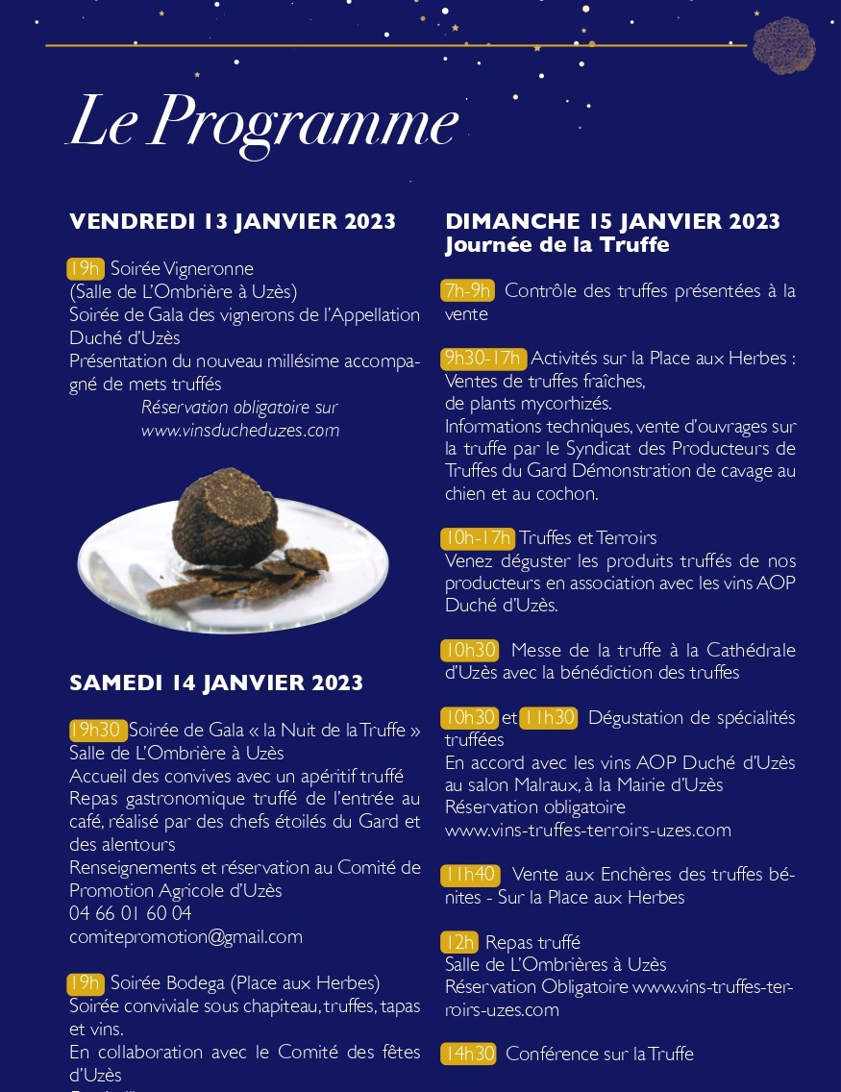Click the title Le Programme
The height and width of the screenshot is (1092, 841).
click(x=262, y=123)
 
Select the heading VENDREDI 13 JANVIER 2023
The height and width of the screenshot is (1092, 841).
click(x=233, y=222)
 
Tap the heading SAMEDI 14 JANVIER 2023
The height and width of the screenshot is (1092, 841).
click(x=216, y=683)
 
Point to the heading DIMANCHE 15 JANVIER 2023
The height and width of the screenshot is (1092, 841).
click(x=612, y=222)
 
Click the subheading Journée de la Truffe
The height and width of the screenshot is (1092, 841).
click(x=557, y=245)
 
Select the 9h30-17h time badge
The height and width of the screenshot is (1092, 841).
click(x=484, y=359)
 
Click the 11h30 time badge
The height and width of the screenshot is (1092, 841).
click(x=548, y=718)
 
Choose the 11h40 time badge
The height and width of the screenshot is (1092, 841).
click(x=471, y=875)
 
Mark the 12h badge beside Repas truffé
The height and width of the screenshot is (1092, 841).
click(x=459, y=942)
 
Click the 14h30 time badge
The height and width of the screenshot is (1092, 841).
click(x=469, y=1055)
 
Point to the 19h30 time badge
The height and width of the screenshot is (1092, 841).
click(x=97, y=731)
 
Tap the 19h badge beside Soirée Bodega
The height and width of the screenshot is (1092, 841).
click(x=86, y=983)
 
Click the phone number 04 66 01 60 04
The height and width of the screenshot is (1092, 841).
click(x=131, y=913)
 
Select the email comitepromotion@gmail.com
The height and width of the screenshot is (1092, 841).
click(x=186, y=936)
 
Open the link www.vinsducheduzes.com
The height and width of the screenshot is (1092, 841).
click(x=240, y=431)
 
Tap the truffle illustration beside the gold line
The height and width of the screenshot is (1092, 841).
click(x=783, y=45)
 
